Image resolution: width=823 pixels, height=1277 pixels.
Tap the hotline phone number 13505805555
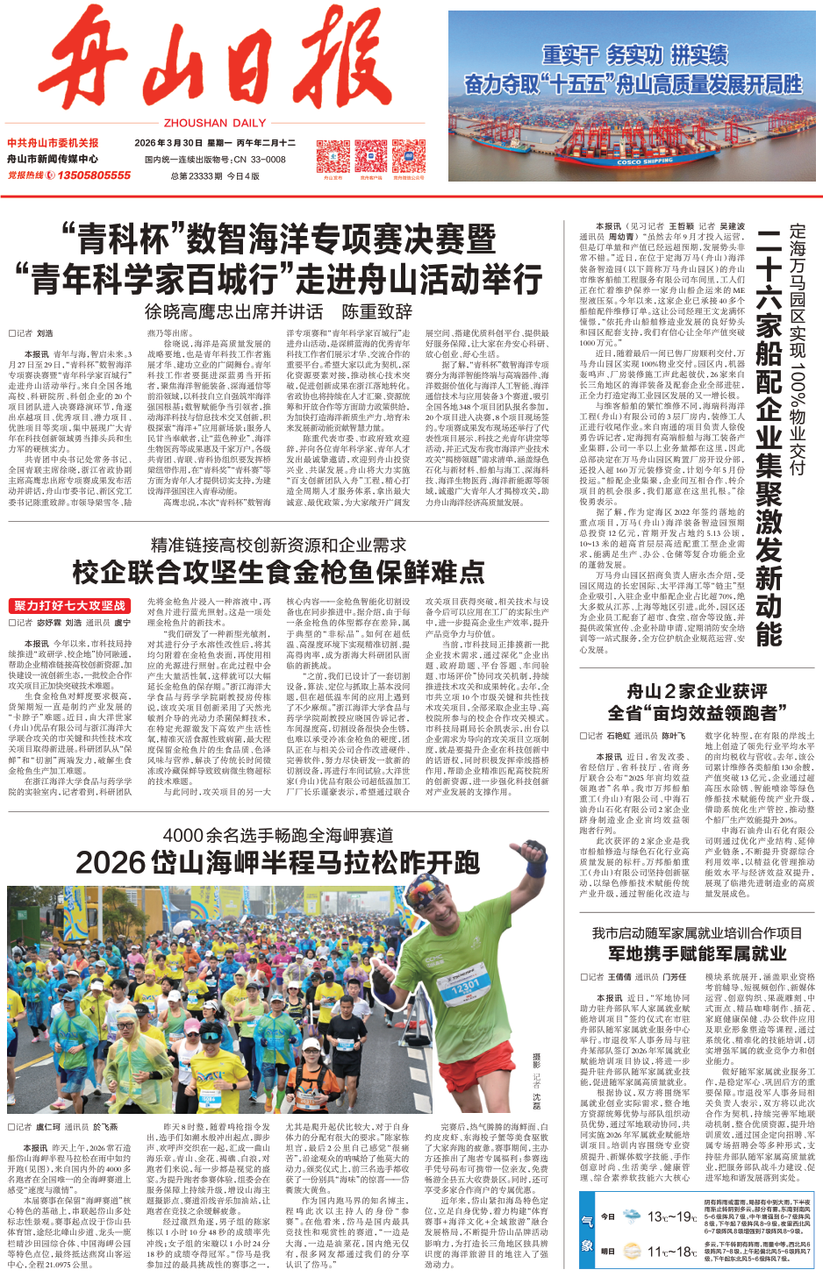(x=94, y=175)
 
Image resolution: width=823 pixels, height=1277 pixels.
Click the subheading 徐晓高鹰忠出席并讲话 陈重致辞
(x=278, y=311)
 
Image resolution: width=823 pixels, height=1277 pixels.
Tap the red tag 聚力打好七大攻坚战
(x=69, y=606)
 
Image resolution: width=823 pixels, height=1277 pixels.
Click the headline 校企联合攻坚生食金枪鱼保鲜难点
(x=278, y=573)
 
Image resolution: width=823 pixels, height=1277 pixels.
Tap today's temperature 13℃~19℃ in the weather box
(x=671, y=1216)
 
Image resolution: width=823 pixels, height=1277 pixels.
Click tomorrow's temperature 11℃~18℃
(x=671, y=1252)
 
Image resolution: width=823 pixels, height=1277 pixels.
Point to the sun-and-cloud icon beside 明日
(x=631, y=1252)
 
